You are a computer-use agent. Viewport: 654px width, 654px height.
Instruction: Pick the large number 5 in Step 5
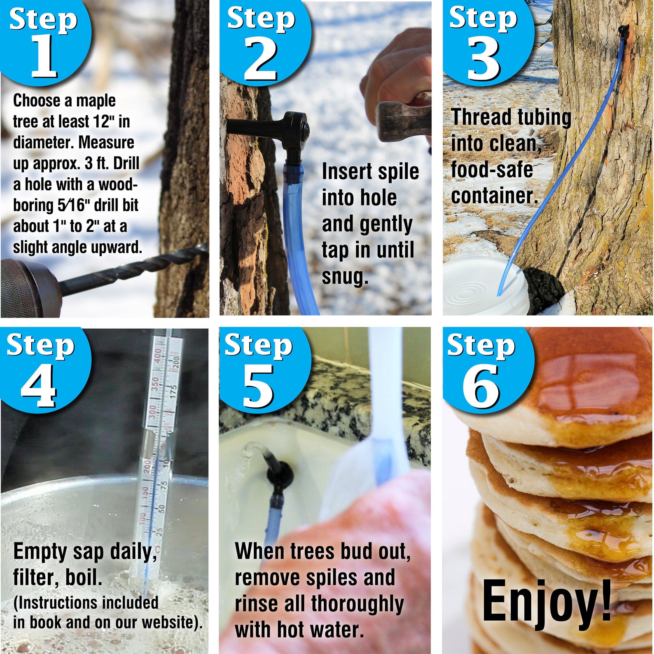pos(258,386)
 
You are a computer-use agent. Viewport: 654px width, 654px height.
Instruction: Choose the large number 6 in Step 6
pos(481,386)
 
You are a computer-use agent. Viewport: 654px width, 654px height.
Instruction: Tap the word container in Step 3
pos(494,196)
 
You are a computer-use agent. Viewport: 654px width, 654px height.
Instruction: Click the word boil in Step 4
pos(84,577)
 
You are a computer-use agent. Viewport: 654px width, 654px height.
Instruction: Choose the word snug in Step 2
pos(344,277)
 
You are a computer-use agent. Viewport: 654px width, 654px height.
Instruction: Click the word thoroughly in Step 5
pos(357,604)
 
